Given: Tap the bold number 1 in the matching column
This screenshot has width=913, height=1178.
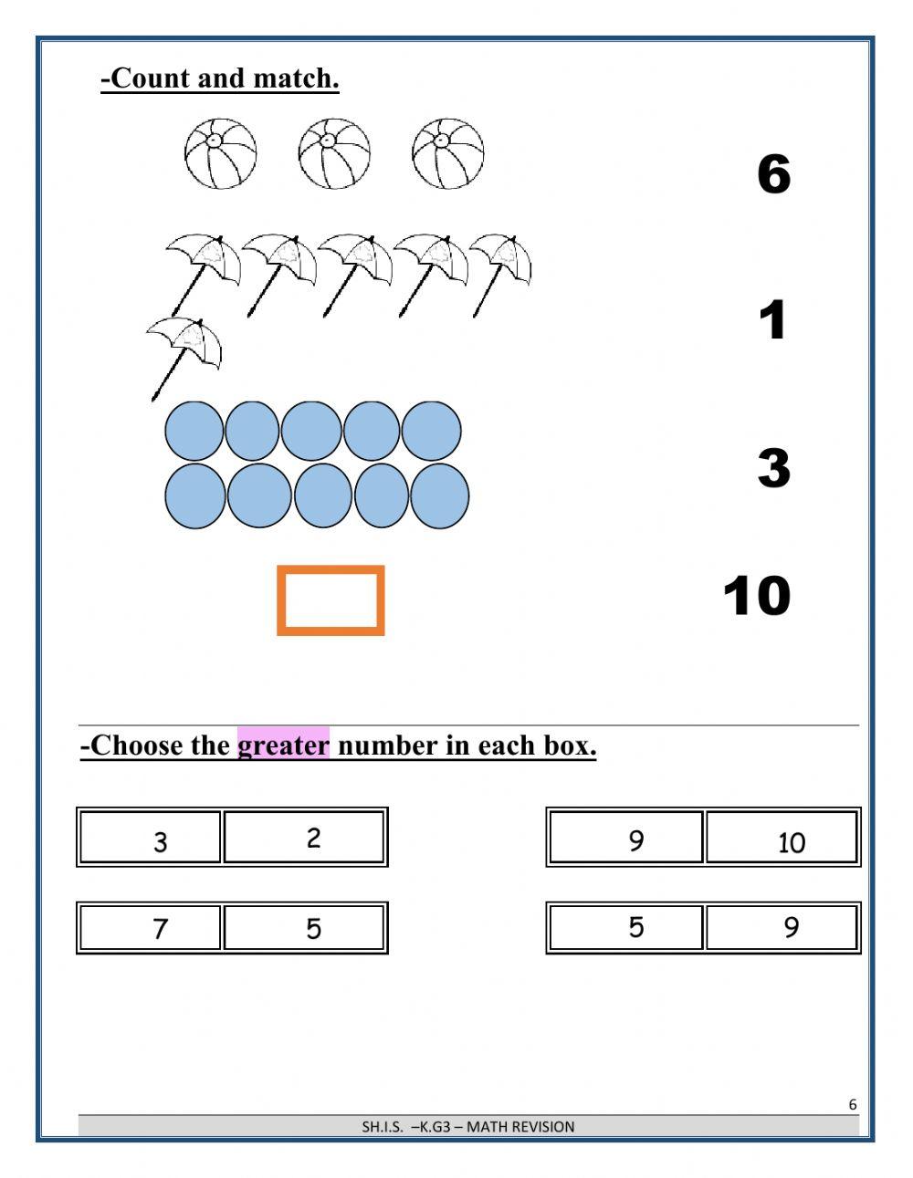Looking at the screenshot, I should tap(772, 320).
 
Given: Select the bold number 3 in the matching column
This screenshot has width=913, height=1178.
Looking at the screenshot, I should tap(772, 467).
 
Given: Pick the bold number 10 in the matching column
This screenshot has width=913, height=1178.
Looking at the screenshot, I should tap(756, 596).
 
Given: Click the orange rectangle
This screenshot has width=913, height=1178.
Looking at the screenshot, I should tap(331, 600).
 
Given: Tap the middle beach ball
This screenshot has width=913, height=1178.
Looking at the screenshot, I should tap(334, 153).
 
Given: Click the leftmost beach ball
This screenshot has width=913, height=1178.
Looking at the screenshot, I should tap(220, 153).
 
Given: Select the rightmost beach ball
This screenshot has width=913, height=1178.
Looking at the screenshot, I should tap(447, 153).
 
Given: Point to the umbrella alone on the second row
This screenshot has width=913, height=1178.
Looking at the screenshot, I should tap(184, 351).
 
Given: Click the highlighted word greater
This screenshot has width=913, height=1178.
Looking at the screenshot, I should tap(283, 745).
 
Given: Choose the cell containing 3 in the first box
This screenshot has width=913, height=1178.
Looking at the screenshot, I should tap(152, 838).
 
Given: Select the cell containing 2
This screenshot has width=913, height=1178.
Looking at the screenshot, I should tap(304, 838).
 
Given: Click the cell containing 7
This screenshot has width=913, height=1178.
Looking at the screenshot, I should tap(152, 928).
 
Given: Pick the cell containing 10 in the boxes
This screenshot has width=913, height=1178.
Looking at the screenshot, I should tap(782, 838).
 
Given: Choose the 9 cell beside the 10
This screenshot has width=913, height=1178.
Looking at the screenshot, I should tap(626, 838).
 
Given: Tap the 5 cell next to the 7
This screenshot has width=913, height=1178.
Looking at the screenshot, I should tap(304, 928).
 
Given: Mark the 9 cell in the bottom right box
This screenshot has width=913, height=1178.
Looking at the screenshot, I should tap(782, 927).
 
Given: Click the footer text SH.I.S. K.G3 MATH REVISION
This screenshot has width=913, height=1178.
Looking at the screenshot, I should tap(467, 1126).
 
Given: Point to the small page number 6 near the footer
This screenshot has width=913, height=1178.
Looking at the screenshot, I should tap(853, 1104).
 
